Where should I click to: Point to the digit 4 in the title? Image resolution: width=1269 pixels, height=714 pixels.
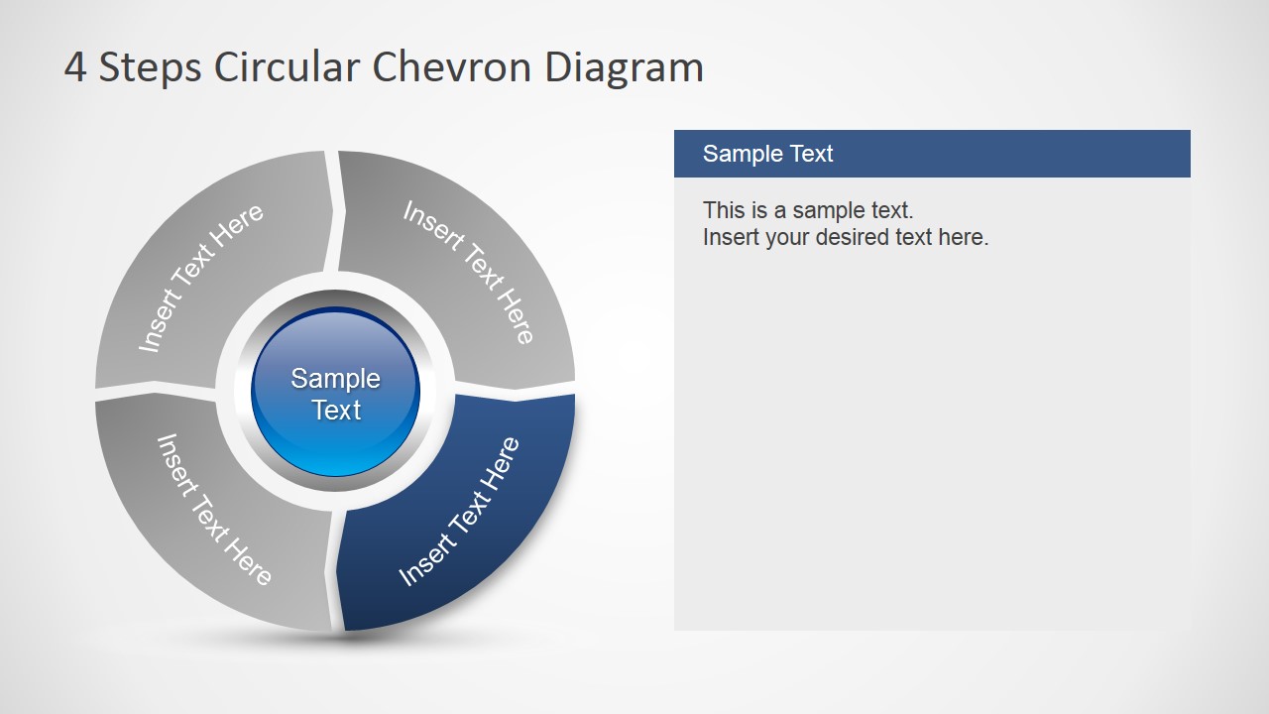[x=74, y=67]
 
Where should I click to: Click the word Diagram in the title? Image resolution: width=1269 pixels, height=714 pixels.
[x=624, y=67]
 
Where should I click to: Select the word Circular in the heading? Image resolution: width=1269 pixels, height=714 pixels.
[x=288, y=67]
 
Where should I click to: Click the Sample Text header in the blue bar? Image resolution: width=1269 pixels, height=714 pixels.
[x=767, y=154]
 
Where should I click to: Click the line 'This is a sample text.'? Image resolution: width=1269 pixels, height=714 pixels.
[x=807, y=210]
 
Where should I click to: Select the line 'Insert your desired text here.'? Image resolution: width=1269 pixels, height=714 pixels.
[x=845, y=237]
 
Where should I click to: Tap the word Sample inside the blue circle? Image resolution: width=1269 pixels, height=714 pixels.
[x=335, y=378]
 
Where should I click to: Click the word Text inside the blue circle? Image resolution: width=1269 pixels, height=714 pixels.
[x=336, y=410]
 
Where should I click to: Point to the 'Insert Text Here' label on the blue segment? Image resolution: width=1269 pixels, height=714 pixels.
[x=459, y=511]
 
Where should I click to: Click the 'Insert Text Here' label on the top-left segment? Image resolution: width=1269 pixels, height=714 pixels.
[x=201, y=278]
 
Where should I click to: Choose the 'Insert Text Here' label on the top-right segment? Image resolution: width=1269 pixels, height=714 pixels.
[x=469, y=272]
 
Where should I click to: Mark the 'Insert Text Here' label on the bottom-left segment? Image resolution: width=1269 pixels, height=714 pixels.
[x=213, y=509]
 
